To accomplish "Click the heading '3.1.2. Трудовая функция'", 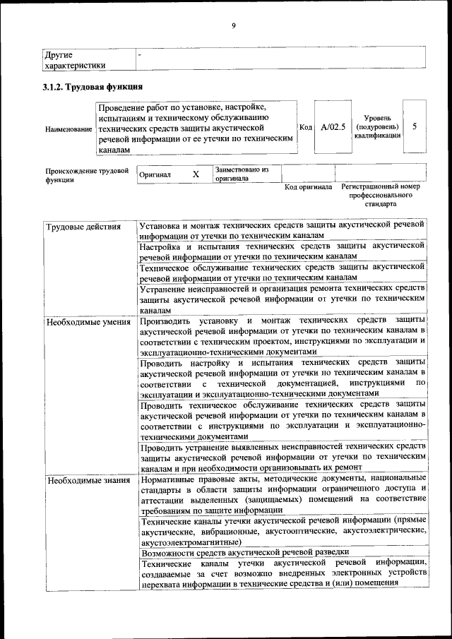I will pyautogui.click(x=93, y=88).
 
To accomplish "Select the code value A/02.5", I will pyautogui.click(x=333, y=127).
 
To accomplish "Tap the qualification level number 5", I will pyautogui.click(x=415, y=126).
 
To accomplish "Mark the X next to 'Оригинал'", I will pyautogui.click(x=196, y=174).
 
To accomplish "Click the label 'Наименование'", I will pyautogui.click(x=69, y=129).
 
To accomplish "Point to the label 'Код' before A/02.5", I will pyautogui.click(x=306, y=127).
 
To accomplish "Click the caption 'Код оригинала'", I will pyautogui.click(x=308, y=187).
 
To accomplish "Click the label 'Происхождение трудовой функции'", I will pyautogui.click(x=86, y=174).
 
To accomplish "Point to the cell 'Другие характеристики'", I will pyautogui.click(x=74, y=59).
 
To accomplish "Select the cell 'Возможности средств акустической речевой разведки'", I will pyautogui.click(x=244, y=552).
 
